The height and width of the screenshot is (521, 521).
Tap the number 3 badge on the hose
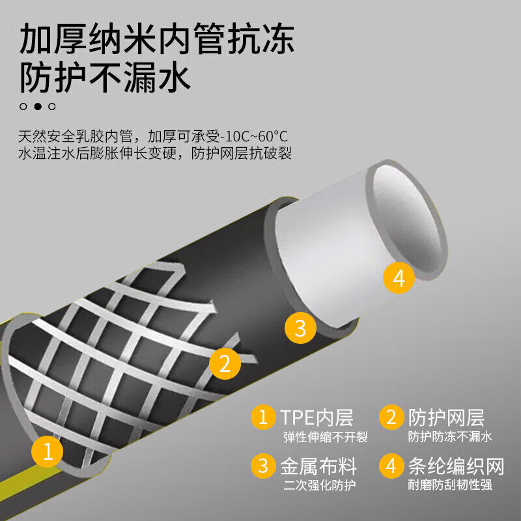coord(300,327)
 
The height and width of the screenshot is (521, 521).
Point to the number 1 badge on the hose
coord(48,452)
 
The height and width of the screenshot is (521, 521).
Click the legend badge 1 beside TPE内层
coord(264,417)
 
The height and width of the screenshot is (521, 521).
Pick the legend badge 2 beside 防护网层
coord(391,417)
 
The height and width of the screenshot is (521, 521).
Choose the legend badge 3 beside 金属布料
coord(264,466)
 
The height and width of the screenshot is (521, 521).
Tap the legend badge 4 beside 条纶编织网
coord(391,466)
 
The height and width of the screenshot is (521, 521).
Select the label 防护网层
coord(446,417)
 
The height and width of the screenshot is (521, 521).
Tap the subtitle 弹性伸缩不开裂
coord(325,437)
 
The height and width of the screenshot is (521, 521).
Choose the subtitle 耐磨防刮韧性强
coord(449,485)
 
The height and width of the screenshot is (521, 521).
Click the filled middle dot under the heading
coord(38,106)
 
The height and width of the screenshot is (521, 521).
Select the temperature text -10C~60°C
coord(253,137)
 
